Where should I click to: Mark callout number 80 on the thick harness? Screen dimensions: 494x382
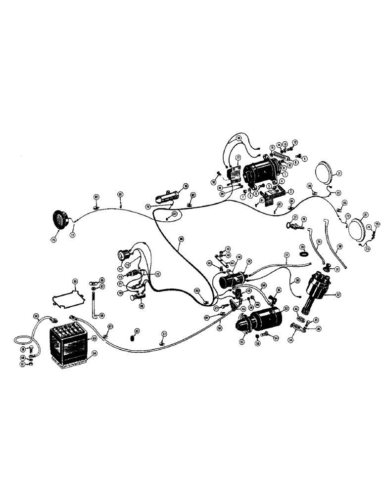[181, 239]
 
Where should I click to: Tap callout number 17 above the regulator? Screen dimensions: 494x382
[237, 158]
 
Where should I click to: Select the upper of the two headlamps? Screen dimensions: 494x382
[326, 172]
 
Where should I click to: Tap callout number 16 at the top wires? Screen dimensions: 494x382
[239, 138]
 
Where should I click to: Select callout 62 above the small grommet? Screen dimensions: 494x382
[137, 331]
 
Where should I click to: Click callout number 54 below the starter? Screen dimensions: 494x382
[276, 338]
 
